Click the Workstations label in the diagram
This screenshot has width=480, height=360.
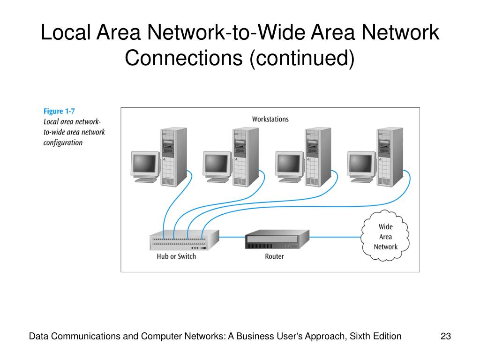pyautogui.click(x=270, y=119)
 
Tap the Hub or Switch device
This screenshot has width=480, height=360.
pyautogui.click(x=184, y=240)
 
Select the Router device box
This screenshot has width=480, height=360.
pyautogui.click(x=277, y=240)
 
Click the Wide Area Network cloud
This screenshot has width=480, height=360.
pyautogui.click(x=385, y=236)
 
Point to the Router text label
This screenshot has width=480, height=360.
pyautogui.click(x=274, y=256)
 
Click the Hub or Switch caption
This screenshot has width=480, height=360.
pyautogui.click(x=176, y=256)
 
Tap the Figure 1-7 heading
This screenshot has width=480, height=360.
pyautogui.click(x=59, y=111)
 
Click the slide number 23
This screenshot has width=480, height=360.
pyautogui.click(x=446, y=336)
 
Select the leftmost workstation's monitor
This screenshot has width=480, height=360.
pyautogui.click(x=145, y=167)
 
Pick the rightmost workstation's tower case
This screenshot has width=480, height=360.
pyautogui.click(x=390, y=157)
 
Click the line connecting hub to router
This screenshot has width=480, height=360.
pyautogui.click(x=232, y=237)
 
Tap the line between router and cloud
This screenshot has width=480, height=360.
pyautogui.click(x=336, y=237)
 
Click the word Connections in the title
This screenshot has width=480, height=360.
pyautogui.click(x=184, y=58)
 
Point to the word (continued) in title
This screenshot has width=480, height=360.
pyautogui.click(x=302, y=58)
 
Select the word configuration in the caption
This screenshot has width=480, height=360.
pyautogui.click(x=63, y=143)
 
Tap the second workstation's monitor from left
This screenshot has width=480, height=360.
pyautogui.click(x=217, y=167)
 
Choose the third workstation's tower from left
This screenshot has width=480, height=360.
pyautogui.click(x=318, y=157)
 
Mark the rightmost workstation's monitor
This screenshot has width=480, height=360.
pyautogui.click(x=361, y=167)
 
